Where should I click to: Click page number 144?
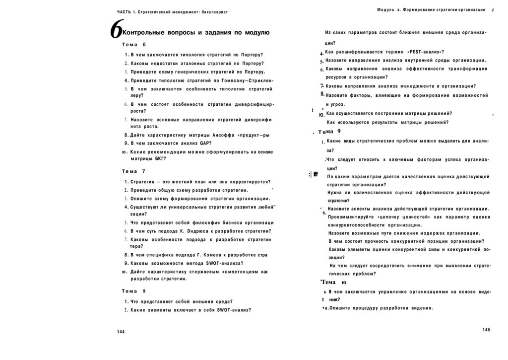click(121, 332)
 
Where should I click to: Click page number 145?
click(486, 330)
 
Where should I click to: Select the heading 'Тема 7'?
click(133, 171)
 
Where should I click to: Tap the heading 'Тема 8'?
click(133, 291)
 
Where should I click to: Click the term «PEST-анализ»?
click(425, 52)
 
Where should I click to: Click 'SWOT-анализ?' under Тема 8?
click(234, 310)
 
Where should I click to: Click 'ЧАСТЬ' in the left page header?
click(124, 11)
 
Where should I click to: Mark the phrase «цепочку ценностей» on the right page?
click(401, 217)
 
